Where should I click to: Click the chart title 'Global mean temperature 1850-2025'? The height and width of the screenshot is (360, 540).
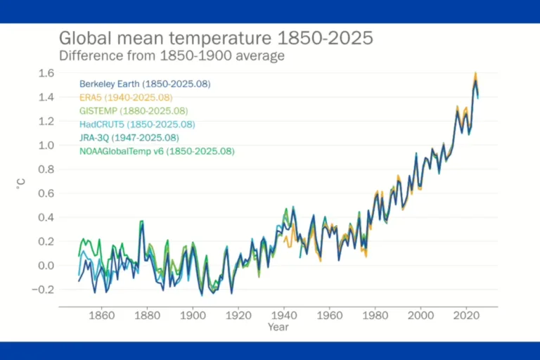215,38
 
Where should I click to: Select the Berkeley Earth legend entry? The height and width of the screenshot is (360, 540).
145,84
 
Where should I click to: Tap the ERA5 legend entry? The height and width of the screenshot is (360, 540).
126,97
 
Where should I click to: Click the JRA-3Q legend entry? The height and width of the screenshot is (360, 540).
129,138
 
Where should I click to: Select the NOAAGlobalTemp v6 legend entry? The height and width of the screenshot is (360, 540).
157,151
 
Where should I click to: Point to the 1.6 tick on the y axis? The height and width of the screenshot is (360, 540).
46,73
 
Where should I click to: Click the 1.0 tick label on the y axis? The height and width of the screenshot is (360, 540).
46,146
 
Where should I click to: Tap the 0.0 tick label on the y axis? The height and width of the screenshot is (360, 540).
46,266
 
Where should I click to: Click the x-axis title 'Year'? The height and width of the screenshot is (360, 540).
278,327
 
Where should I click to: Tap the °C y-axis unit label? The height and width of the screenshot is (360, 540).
20,184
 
